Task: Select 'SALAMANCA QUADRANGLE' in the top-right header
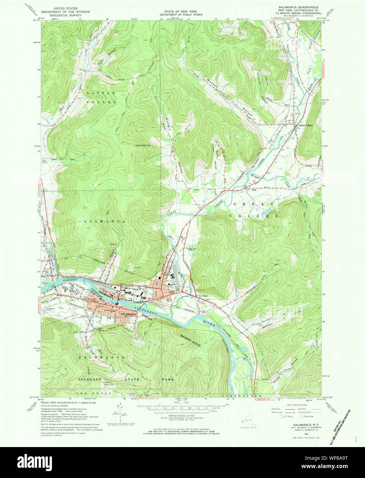pos(299,7)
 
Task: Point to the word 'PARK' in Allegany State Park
pos(168,380)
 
